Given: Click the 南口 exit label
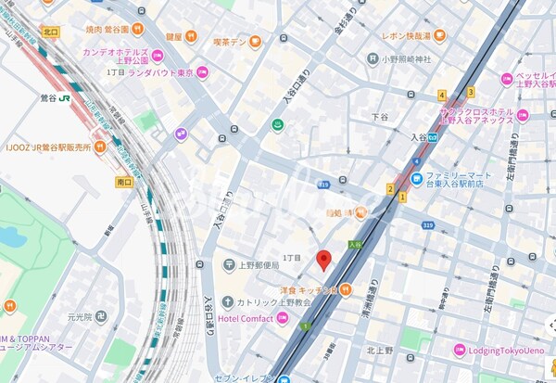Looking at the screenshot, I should [125, 183].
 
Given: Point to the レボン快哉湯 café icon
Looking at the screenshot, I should [439, 36].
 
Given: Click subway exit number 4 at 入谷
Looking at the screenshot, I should [442, 95].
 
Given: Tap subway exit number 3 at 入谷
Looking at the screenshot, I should [470, 91].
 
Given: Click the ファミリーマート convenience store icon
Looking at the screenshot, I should [418, 178].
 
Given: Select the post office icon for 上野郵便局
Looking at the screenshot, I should [228, 265].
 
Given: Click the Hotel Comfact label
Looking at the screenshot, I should [246, 319].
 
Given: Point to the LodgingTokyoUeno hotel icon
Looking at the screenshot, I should [459, 351].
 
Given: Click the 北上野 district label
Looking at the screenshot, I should [379, 351].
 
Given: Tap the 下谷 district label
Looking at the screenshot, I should [379, 117].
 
